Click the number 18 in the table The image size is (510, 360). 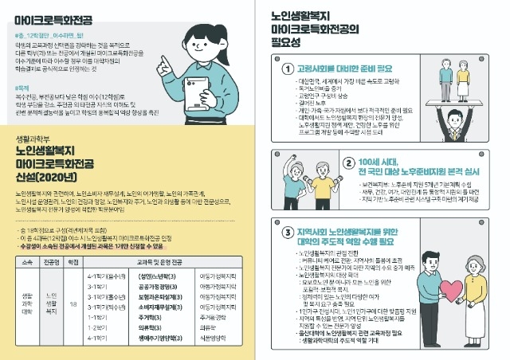73,303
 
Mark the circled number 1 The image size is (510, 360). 289,68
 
